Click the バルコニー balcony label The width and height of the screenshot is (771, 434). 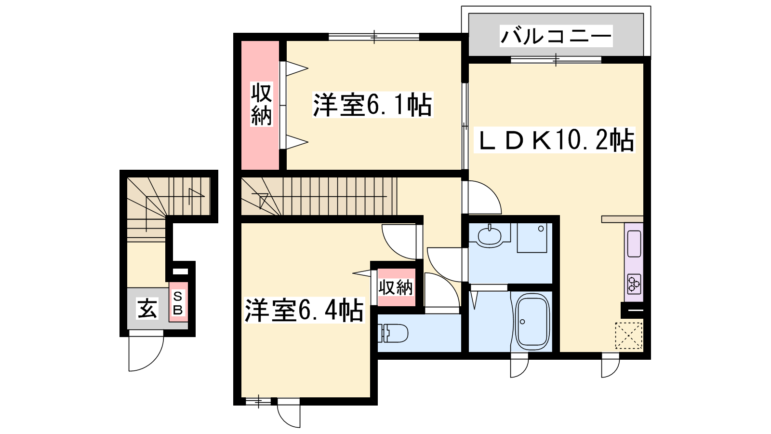point(556,36)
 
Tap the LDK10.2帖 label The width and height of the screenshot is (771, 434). point(554,140)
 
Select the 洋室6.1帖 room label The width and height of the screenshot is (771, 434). point(372,105)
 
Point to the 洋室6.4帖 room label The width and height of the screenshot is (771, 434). point(304,310)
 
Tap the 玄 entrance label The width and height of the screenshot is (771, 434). point(147,308)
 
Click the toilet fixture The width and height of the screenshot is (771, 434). point(393,333)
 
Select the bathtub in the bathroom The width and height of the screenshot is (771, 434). point(530,322)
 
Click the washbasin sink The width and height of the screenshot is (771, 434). point(490,236)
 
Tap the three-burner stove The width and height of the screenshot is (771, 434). point(634,284)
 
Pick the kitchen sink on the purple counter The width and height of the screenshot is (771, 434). point(634,244)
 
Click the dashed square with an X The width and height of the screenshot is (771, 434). point(628,336)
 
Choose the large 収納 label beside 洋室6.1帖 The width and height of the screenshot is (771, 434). point(261,104)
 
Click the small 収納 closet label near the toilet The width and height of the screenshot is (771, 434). point(396,287)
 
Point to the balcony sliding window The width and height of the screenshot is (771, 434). point(556,60)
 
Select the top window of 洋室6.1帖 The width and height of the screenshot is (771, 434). point(374,36)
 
